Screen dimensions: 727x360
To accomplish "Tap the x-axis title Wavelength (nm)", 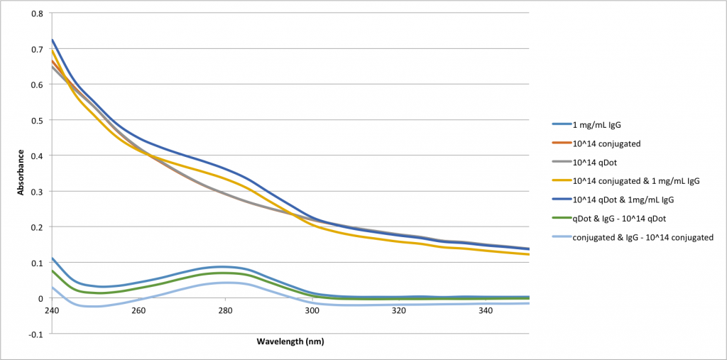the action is (x=290, y=342).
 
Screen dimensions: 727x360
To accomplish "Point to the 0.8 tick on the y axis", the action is (x=38, y=13).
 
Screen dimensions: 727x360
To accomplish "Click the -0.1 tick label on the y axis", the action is (x=36, y=334).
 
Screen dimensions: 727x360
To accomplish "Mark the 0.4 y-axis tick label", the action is (x=38, y=156).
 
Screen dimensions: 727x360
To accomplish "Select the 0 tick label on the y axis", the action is (x=40, y=298).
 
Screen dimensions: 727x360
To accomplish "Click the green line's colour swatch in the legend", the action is (x=561, y=219).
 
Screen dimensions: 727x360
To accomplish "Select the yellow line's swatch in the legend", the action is (x=561, y=181).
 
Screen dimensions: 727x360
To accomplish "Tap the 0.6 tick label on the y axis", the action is (x=38, y=84).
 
